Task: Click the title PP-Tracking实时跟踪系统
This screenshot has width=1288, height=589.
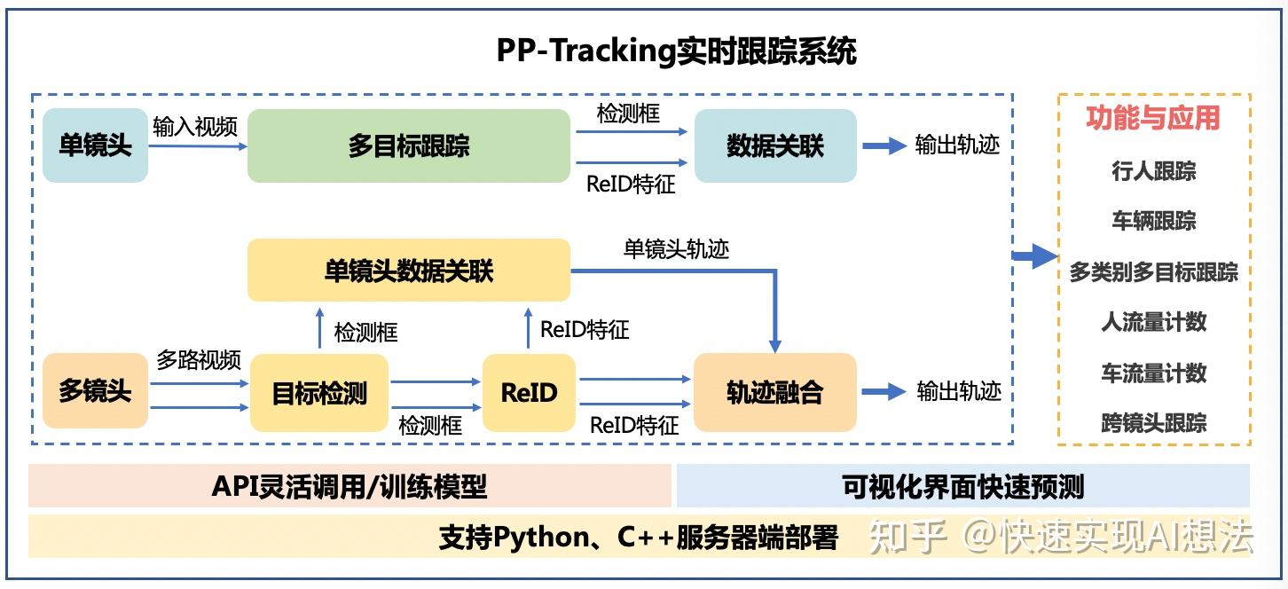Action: (x=676, y=51)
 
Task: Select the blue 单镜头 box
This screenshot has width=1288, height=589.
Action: (x=95, y=145)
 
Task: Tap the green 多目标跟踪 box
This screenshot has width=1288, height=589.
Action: (x=408, y=146)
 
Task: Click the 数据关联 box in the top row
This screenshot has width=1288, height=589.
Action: (x=774, y=146)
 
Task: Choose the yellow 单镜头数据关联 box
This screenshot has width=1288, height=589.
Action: (x=408, y=271)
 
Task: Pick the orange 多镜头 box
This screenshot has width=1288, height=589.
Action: (x=95, y=391)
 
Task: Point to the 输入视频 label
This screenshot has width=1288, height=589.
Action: (x=195, y=126)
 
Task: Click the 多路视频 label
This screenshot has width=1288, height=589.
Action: (x=199, y=360)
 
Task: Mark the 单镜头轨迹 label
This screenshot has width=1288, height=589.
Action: (x=676, y=249)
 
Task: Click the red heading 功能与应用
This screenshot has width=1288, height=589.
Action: (x=1153, y=118)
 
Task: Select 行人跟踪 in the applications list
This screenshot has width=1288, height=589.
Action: (x=1153, y=171)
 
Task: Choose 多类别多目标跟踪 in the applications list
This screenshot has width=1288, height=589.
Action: (x=1153, y=272)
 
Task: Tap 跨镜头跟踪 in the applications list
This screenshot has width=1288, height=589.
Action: (x=1153, y=423)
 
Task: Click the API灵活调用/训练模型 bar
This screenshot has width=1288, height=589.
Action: (x=349, y=486)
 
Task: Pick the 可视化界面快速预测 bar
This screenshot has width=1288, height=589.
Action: (x=962, y=486)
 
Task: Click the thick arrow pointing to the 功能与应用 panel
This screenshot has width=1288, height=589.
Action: (x=1035, y=257)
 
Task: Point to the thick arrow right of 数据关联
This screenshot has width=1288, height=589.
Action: (x=884, y=146)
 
